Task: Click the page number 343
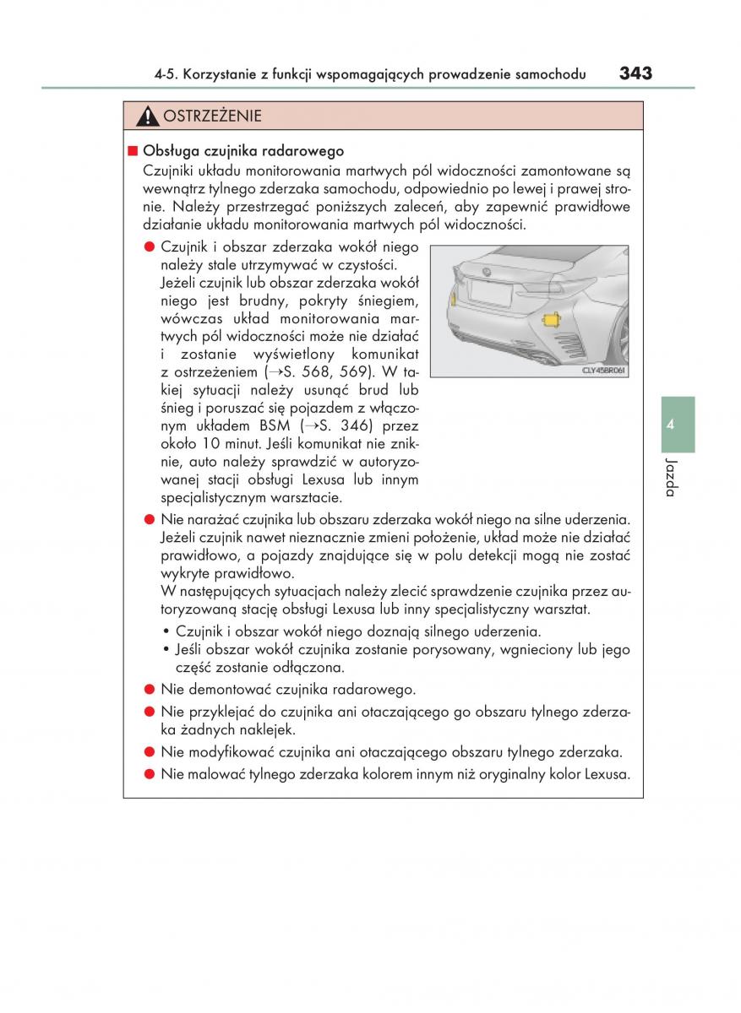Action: (x=635, y=73)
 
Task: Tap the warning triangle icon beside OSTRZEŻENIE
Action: (x=148, y=116)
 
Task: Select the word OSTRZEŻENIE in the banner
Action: (x=212, y=116)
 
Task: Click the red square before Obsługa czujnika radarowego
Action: (x=132, y=152)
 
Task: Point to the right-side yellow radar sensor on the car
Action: (x=552, y=320)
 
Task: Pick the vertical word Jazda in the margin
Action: (x=670, y=477)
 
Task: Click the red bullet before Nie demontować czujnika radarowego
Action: (x=148, y=689)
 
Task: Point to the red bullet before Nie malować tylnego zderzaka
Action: (x=148, y=774)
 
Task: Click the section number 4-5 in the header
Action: (x=166, y=75)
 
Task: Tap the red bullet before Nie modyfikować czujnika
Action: (x=148, y=751)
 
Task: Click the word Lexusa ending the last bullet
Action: (x=608, y=774)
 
